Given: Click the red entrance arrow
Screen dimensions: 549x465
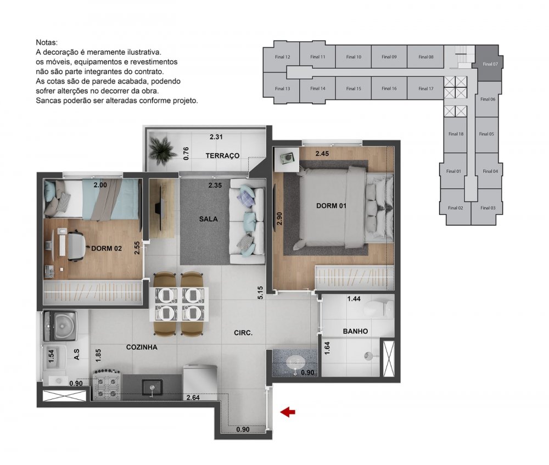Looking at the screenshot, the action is click(x=288, y=412).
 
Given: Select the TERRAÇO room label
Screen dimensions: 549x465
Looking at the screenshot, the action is click(x=222, y=156).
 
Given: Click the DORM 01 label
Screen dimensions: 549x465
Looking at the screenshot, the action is click(x=331, y=206).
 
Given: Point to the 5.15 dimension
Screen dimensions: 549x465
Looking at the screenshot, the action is click(x=260, y=293).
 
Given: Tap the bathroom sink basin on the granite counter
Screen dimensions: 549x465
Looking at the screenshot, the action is click(x=295, y=361).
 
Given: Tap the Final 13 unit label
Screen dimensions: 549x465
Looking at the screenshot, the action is click(x=283, y=88).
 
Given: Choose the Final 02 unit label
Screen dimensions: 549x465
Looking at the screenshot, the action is click(x=455, y=208).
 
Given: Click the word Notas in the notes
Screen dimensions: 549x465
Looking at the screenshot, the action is click(x=47, y=42).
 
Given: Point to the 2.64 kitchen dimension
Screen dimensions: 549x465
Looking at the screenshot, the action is click(x=193, y=397).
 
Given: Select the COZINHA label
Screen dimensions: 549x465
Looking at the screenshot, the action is click(x=142, y=348).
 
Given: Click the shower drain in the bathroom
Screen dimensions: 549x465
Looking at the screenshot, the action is click(x=368, y=356).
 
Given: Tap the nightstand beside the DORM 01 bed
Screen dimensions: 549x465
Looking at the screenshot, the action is click(x=287, y=159).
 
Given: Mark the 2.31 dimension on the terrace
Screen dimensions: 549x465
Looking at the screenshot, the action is click(x=216, y=137).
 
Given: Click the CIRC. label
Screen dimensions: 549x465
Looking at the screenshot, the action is click(x=243, y=333).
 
